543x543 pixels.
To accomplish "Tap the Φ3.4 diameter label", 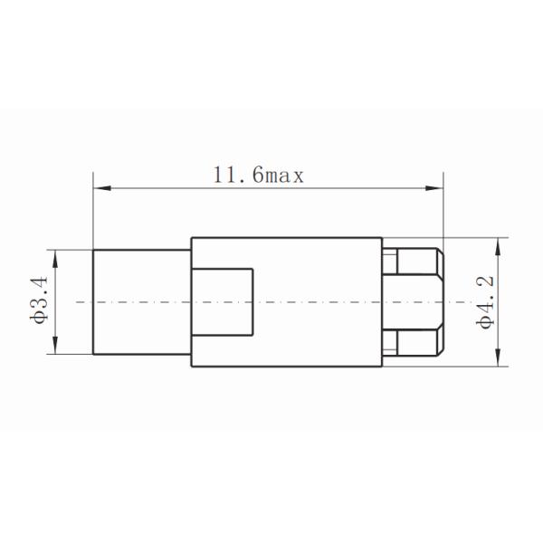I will click(38, 300).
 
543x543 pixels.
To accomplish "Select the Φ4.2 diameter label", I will click(486, 301).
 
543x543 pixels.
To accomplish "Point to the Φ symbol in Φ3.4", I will click(38, 319).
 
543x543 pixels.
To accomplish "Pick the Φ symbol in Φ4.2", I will click(486, 319).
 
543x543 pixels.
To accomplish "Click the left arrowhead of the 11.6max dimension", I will click(100, 188).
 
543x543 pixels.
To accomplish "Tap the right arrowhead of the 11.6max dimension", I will click(436, 188).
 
